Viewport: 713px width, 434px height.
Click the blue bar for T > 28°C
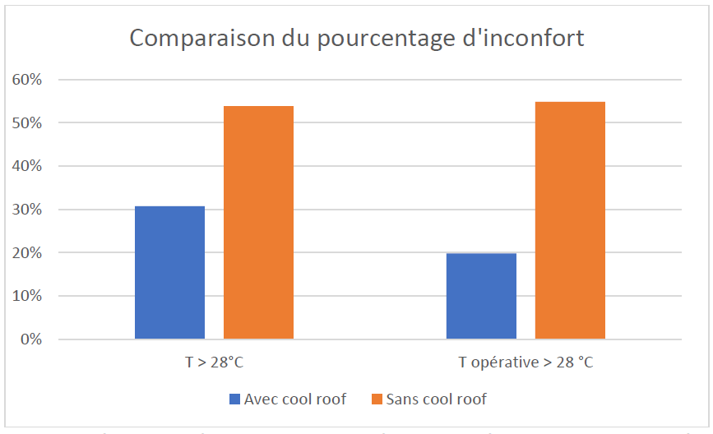[169, 272]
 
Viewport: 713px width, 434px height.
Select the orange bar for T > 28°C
[258, 222]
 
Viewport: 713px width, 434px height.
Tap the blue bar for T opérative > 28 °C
[481, 296]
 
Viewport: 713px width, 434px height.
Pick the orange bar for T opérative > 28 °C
[570, 220]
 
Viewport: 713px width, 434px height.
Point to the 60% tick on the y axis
[26, 80]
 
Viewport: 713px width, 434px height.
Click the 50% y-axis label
[26, 123]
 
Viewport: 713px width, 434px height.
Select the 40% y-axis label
[26, 166]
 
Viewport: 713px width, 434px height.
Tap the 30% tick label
[26, 210]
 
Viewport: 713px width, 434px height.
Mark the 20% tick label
[26, 253]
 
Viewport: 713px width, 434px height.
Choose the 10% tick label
[26, 296]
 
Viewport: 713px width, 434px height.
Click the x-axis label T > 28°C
[214, 362]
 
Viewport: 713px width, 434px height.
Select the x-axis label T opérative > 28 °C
[525, 362]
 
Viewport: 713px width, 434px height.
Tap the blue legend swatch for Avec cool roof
[234, 399]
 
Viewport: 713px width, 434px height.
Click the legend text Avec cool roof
[294, 399]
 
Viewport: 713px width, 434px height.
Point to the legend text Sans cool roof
[438, 399]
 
